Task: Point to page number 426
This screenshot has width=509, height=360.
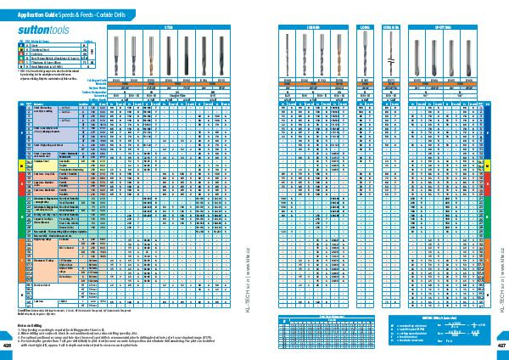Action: coord(7,346)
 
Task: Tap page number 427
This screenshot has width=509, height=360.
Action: coord(501,346)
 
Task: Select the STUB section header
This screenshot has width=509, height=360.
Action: coord(166,26)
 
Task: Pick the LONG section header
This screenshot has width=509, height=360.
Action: coord(366,26)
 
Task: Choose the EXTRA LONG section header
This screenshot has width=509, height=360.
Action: coord(391,26)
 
